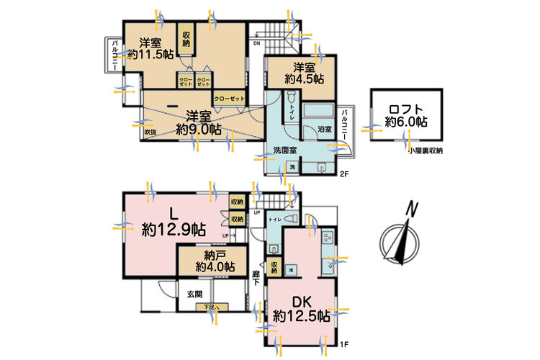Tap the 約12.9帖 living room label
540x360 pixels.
[173, 230]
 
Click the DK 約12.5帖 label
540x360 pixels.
[301, 309]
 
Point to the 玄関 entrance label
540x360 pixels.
[195, 294]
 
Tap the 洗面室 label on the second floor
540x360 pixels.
[284, 150]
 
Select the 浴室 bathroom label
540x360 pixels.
[323, 128]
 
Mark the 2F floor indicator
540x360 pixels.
[344, 174]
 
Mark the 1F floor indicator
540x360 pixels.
[344, 344]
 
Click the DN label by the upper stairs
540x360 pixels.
[256, 42]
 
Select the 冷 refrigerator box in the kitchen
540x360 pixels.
[291, 269]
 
